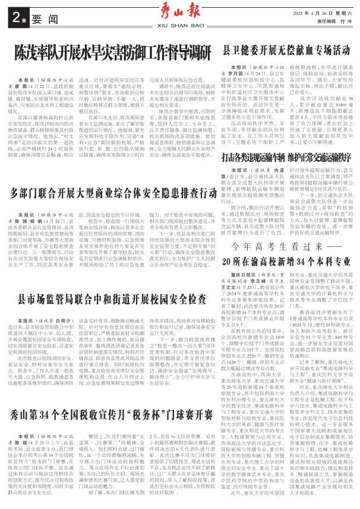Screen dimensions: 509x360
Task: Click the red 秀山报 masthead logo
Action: (179, 10)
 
